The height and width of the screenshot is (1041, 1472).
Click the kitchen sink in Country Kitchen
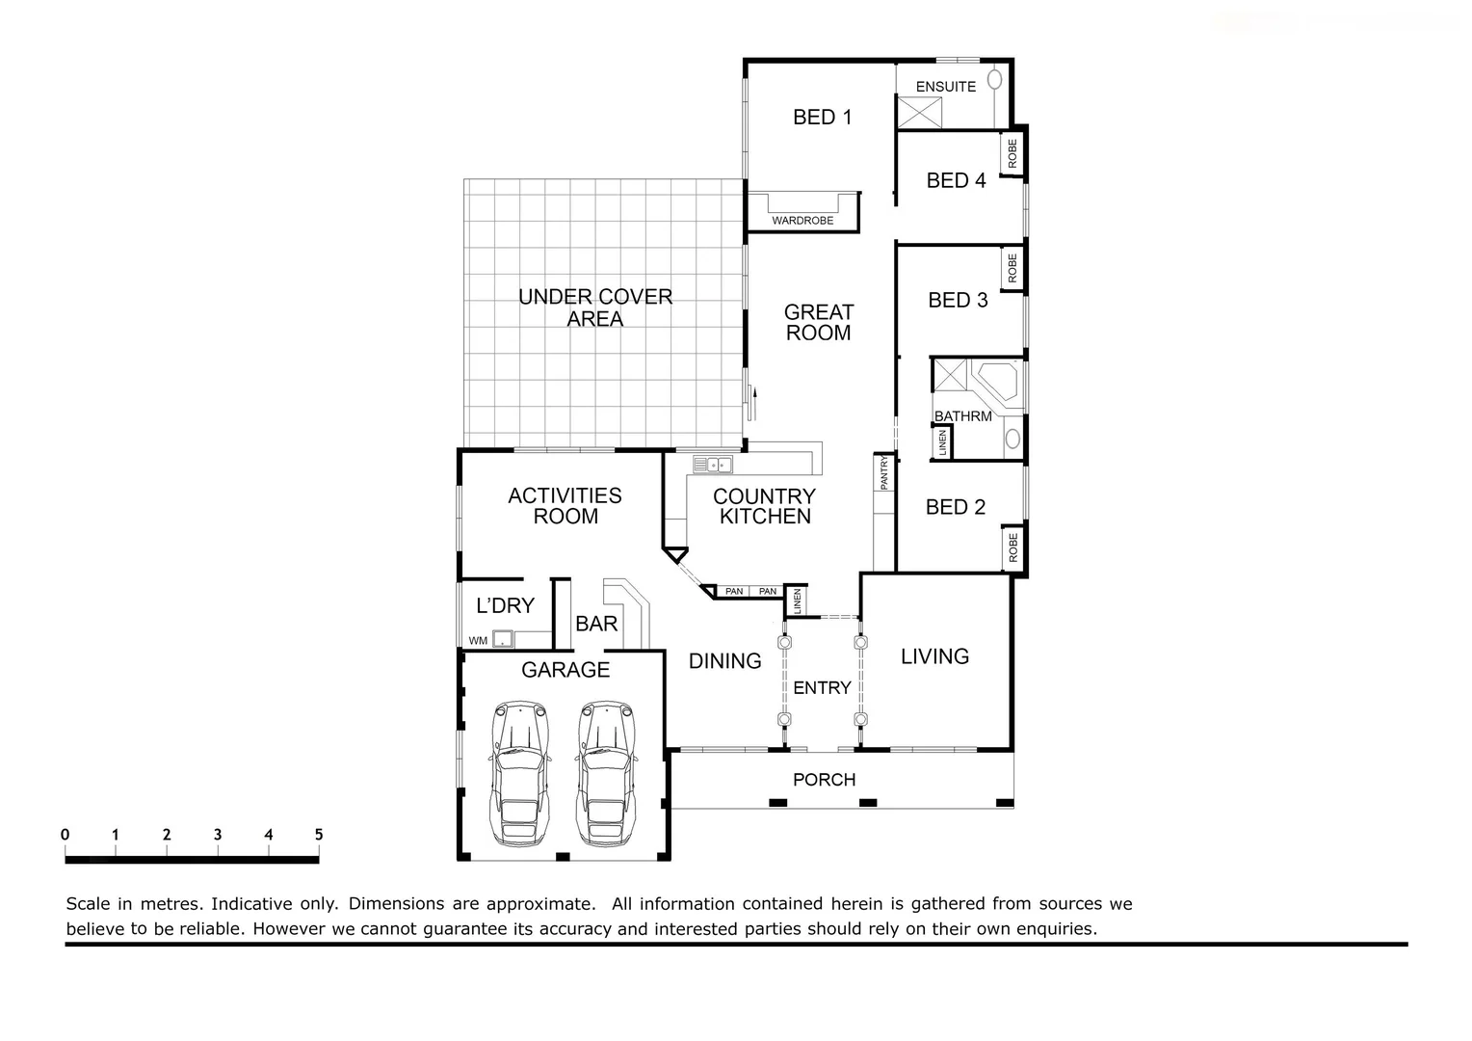(713, 466)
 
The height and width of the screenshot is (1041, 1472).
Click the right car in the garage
(606, 774)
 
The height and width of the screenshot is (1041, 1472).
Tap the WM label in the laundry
(477, 640)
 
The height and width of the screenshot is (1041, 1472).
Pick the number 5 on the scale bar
(319, 835)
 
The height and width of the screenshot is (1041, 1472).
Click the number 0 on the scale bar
(65, 835)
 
